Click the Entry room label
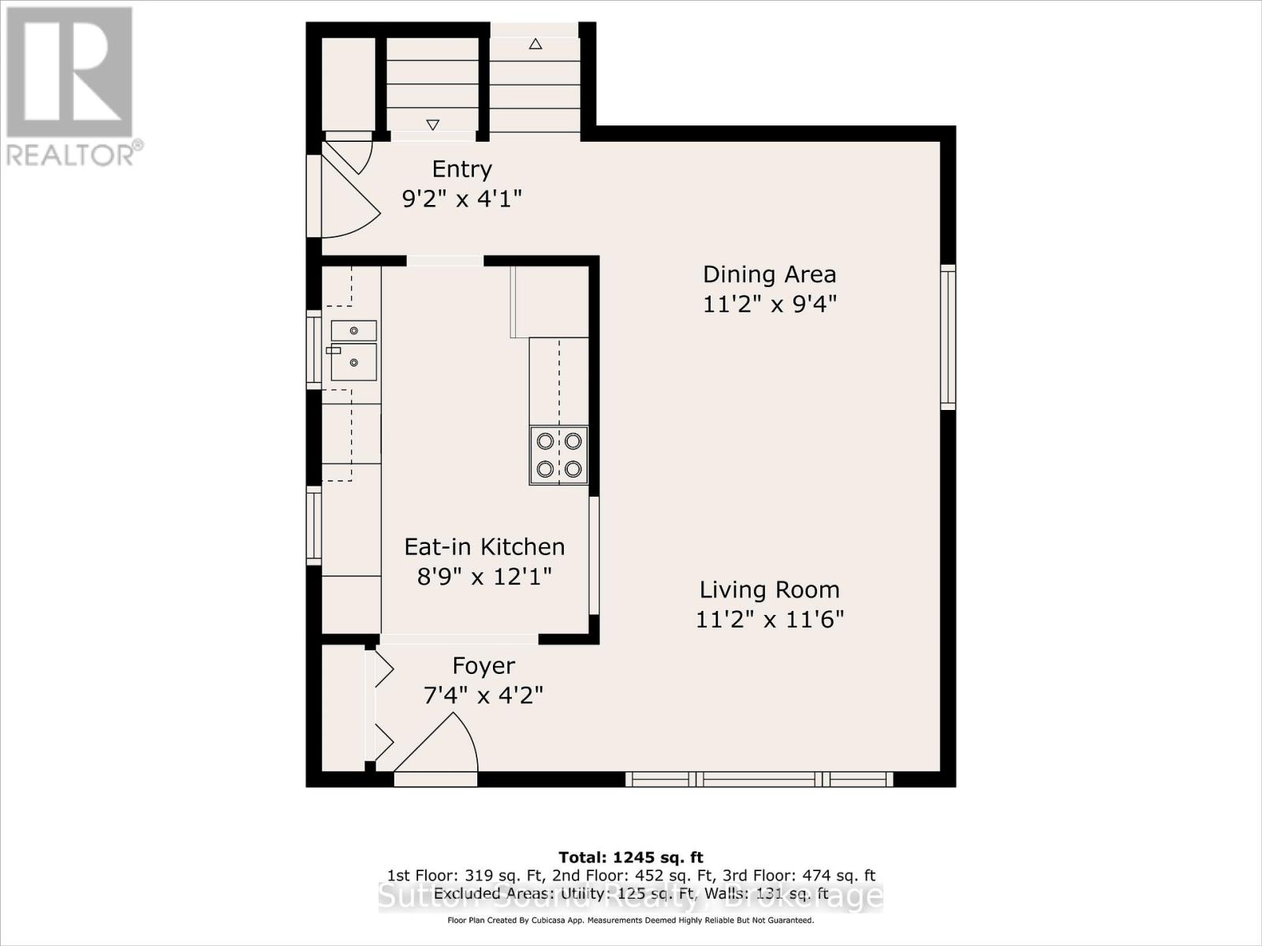click(461, 169)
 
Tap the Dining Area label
click(769, 274)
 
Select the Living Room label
click(769, 590)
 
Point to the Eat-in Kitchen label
click(484, 546)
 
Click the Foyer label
click(484, 666)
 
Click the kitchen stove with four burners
click(558, 455)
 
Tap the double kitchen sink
click(353, 350)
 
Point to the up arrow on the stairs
click(536, 44)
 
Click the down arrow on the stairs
click(432, 124)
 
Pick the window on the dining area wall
click(947, 337)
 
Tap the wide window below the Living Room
click(759, 779)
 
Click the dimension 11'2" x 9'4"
click(769, 304)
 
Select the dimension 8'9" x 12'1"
click(484, 576)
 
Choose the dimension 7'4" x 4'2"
click(484, 695)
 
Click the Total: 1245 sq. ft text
click(630, 857)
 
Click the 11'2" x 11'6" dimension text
click(769, 619)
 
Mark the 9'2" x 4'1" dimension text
click(461, 198)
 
